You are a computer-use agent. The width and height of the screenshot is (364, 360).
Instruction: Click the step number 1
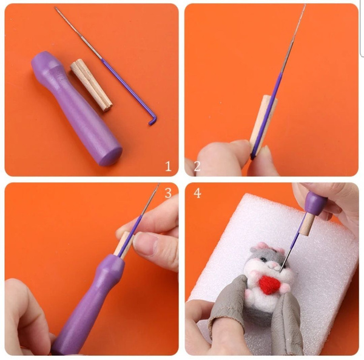168,166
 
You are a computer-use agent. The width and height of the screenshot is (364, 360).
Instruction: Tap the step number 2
197,166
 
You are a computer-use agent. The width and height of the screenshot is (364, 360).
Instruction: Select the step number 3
168,193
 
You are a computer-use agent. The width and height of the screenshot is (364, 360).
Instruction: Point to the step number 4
197,193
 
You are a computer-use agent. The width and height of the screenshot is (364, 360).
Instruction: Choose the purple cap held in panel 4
316,201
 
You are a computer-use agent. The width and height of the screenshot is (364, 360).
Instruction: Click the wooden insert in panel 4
306,224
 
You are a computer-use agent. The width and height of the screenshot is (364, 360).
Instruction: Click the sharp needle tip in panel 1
55,7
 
